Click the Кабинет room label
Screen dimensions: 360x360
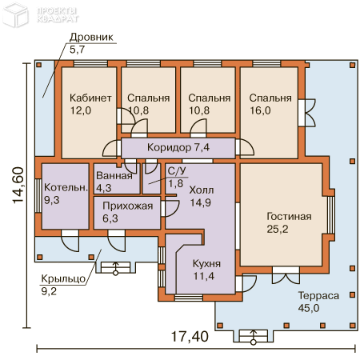[90, 98]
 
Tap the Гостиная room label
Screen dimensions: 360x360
[289, 216]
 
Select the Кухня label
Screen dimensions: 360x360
[206, 264]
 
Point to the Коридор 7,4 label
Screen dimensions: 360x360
[178, 147]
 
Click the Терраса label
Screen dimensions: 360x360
[318, 295]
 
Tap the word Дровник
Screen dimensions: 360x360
[91, 37]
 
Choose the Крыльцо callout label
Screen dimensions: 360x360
[63, 279]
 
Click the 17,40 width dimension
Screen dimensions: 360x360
[190, 336]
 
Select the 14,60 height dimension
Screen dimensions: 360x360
[18, 186]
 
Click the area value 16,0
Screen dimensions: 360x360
[260, 110]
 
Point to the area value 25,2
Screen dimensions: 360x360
[278, 229]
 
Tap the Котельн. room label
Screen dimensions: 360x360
[66, 187]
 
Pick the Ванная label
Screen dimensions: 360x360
[114, 175]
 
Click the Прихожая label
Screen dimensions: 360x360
[128, 206]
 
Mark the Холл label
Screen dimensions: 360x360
[202, 190]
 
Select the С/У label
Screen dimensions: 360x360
[177, 171]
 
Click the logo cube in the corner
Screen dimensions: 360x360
[15, 16]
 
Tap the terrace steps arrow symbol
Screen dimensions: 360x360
[254, 337]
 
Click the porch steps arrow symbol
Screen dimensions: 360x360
[116, 268]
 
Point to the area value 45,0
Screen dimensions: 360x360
[309, 308]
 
